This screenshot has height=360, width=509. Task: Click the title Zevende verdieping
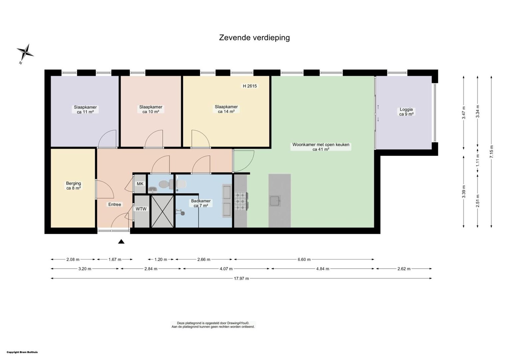pyautogui.click(x=254, y=38)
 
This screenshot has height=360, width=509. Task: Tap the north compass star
pyautogui.click(x=25, y=53)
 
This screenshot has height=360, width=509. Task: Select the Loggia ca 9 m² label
pyautogui.click(x=406, y=112)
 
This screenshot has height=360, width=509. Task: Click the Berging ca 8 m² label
pyautogui.click(x=73, y=186)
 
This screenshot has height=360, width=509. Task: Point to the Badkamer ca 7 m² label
pyautogui.click(x=201, y=203)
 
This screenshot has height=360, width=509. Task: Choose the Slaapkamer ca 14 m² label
pyautogui.click(x=226, y=109)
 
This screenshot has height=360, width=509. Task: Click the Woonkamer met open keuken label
pyautogui.click(x=321, y=145)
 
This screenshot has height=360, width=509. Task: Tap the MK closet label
pyautogui.click(x=140, y=184)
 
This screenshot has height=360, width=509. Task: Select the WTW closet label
pyautogui.click(x=141, y=209)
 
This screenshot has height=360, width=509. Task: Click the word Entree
pyautogui.click(x=115, y=204)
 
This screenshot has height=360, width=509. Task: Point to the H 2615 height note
pyautogui.click(x=250, y=86)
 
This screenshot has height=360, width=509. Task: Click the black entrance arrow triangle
pyautogui.click(x=121, y=242)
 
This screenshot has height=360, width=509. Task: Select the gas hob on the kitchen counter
pyautogui.click(x=241, y=201)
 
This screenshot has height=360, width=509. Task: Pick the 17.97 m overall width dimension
pyautogui.click(x=241, y=278)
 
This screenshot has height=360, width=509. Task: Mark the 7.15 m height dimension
pyautogui.click(x=491, y=152)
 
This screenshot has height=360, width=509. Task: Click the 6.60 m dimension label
pyautogui.click(x=304, y=259)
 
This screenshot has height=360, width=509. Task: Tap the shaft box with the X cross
pyautogui.click(x=163, y=211)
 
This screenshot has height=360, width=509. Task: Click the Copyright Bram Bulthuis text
pyautogui.click(x=22, y=352)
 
